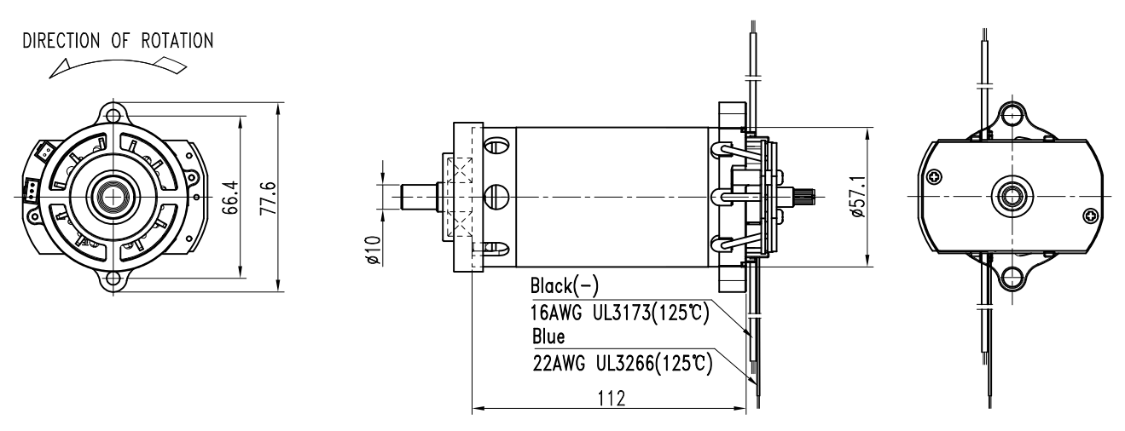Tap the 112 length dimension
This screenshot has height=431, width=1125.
[x=612, y=399]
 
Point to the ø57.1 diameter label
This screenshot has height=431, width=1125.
[x=859, y=197]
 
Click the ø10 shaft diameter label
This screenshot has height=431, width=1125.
[x=374, y=250]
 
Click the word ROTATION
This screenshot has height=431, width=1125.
[x=177, y=41]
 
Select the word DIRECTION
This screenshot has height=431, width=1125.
[x=61, y=41]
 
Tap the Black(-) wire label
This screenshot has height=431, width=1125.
[x=565, y=286]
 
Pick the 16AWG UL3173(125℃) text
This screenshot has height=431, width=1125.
[x=620, y=313]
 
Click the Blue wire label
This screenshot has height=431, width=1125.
[x=548, y=336]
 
